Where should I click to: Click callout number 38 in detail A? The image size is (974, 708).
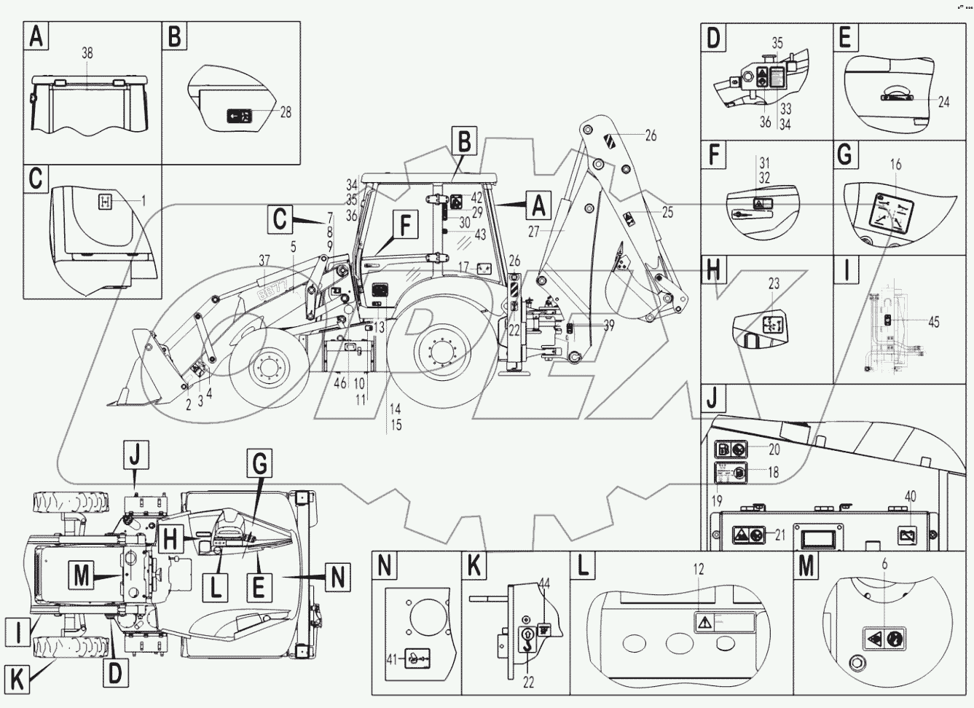click(87, 54)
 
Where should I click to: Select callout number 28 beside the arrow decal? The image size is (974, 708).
click(286, 112)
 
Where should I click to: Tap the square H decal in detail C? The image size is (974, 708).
click(105, 202)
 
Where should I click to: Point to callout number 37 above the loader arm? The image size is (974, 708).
click(263, 260)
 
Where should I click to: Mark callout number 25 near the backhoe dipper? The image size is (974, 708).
click(668, 212)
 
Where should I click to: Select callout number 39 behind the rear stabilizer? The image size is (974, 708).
click(609, 326)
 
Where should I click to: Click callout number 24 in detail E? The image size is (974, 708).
click(943, 103)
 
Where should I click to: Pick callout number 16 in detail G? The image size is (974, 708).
click(895, 165)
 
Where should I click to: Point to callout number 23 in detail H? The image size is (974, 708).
click(774, 284)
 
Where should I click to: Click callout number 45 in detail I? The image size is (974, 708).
click(933, 322)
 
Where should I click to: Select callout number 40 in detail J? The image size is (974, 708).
click(911, 495)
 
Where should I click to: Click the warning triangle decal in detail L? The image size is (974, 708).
click(703, 623)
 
